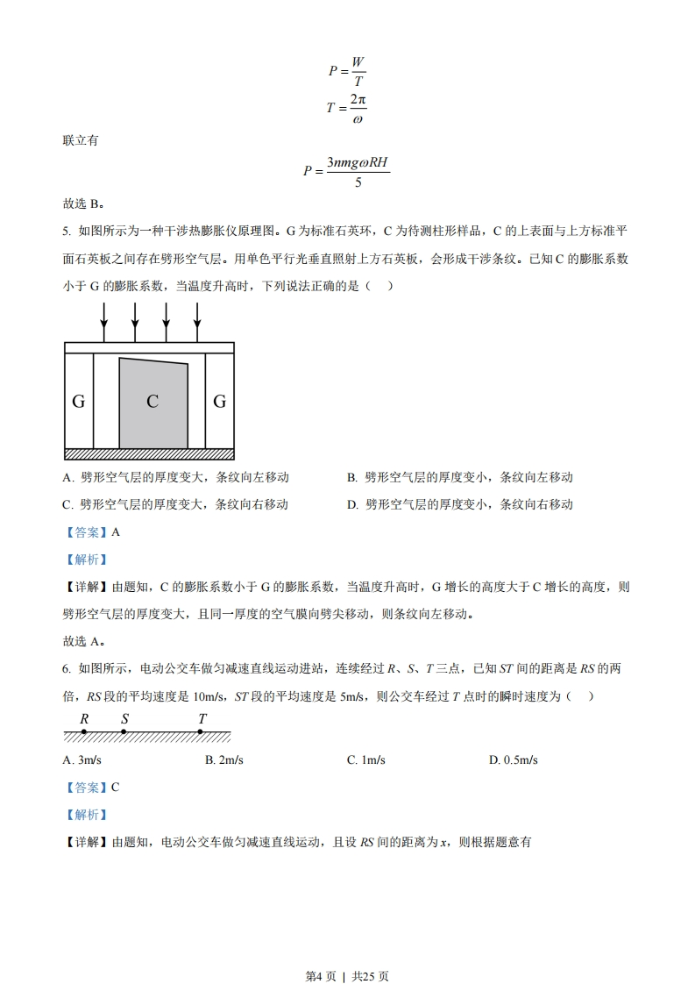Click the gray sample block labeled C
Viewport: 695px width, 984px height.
point(153,403)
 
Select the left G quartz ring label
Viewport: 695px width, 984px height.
point(78,402)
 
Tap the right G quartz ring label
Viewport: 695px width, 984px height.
point(220,402)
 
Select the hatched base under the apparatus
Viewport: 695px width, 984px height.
point(149,453)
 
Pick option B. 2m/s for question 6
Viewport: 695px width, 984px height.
point(224,759)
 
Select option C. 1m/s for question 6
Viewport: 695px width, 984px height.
point(365,759)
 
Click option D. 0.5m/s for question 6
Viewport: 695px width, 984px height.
point(513,759)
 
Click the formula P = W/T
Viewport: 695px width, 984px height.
point(347,71)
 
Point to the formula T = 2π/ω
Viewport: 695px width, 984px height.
point(346,109)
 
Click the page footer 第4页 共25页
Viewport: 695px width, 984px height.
point(347,952)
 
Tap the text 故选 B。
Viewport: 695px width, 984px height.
point(83,203)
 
